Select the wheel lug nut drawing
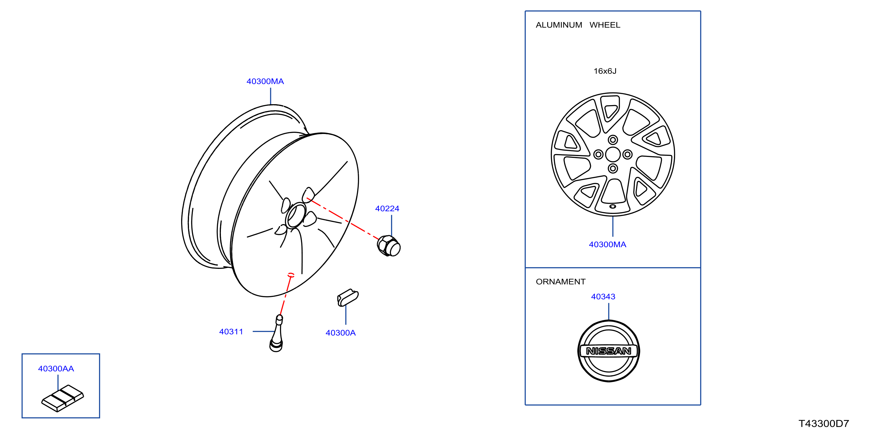(389, 246)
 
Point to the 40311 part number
(231, 331)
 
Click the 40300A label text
(341, 333)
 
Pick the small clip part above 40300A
(348, 298)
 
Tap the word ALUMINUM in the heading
(559, 25)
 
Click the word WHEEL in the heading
(605, 25)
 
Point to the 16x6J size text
(605, 71)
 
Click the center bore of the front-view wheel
(612, 154)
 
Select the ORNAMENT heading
(561, 282)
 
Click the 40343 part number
(603, 297)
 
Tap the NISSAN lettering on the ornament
(608, 351)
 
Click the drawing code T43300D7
(824, 424)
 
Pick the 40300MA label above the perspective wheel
(265, 81)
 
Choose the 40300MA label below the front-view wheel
(607, 244)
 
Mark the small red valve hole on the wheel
(291, 275)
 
